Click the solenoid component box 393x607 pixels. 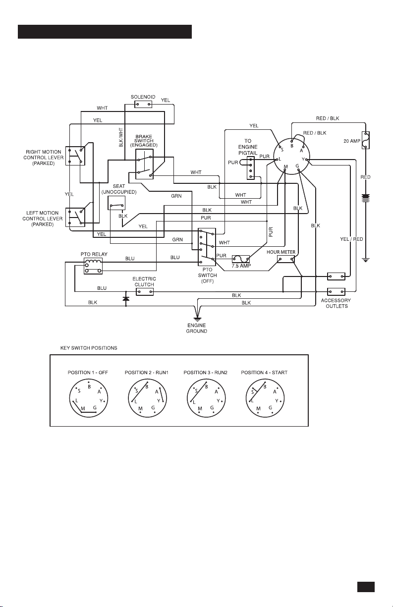(143, 104)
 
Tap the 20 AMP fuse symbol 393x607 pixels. (366, 140)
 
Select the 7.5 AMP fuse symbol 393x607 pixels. (241, 259)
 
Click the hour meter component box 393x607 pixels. (285, 259)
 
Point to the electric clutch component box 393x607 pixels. (144, 291)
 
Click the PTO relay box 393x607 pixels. (93, 266)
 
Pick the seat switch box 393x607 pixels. (116, 203)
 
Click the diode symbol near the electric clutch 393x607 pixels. (126, 298)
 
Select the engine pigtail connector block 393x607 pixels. (251, 168)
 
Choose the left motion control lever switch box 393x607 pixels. (75, 217)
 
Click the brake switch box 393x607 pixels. (144, 164)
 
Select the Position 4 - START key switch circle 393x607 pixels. (265, 398)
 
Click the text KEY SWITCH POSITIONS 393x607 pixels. (89, 348)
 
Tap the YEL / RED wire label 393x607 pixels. (351, 239)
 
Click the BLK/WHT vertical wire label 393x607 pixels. (121, 137)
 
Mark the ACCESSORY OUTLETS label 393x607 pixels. (336, 303)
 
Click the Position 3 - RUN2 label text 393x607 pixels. (206, 373)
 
